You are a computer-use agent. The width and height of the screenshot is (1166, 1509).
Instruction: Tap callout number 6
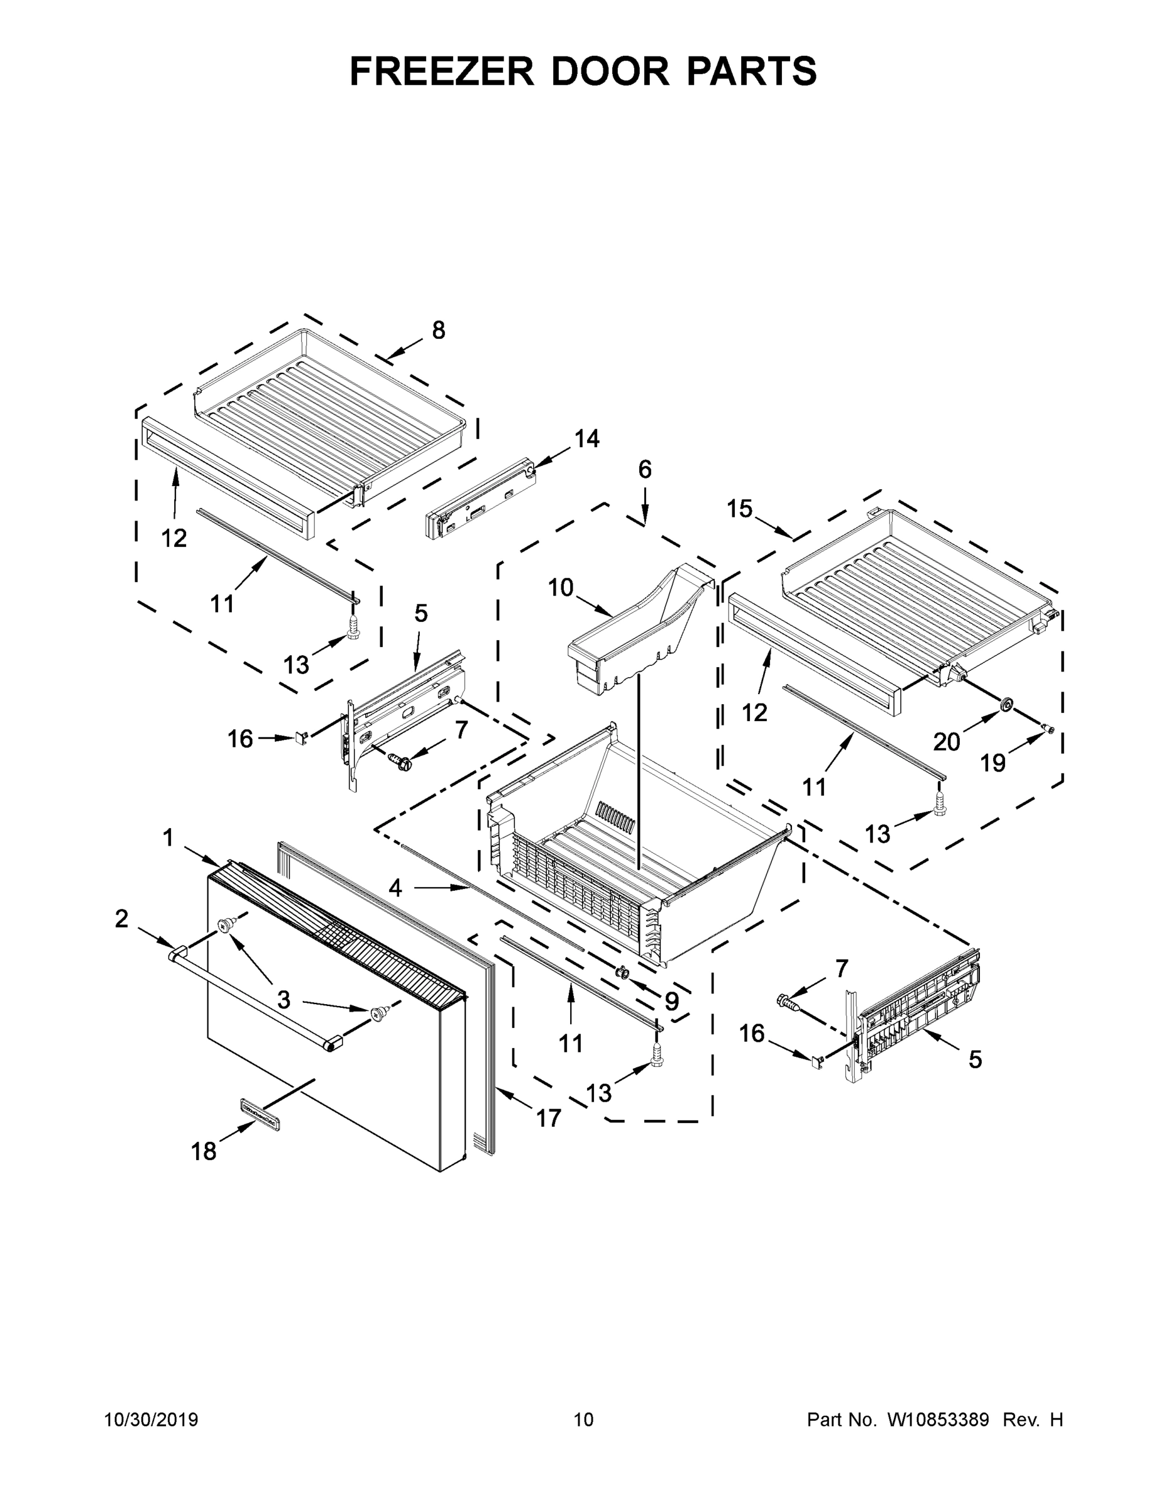point(644,470)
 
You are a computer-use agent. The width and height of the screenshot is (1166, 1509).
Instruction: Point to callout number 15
point(739,509)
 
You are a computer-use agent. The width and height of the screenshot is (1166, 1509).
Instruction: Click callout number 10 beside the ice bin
point(560,588)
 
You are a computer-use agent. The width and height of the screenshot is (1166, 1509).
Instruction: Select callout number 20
point(947,741)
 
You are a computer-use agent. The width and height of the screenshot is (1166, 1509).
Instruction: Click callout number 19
point(993,763)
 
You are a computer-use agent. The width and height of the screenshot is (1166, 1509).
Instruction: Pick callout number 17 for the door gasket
point(549,1117)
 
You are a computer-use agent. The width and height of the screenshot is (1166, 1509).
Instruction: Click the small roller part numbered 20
point(1006,705)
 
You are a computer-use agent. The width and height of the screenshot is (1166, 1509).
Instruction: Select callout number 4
point(395,888)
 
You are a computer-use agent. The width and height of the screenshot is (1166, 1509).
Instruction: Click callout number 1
point(168,838)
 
